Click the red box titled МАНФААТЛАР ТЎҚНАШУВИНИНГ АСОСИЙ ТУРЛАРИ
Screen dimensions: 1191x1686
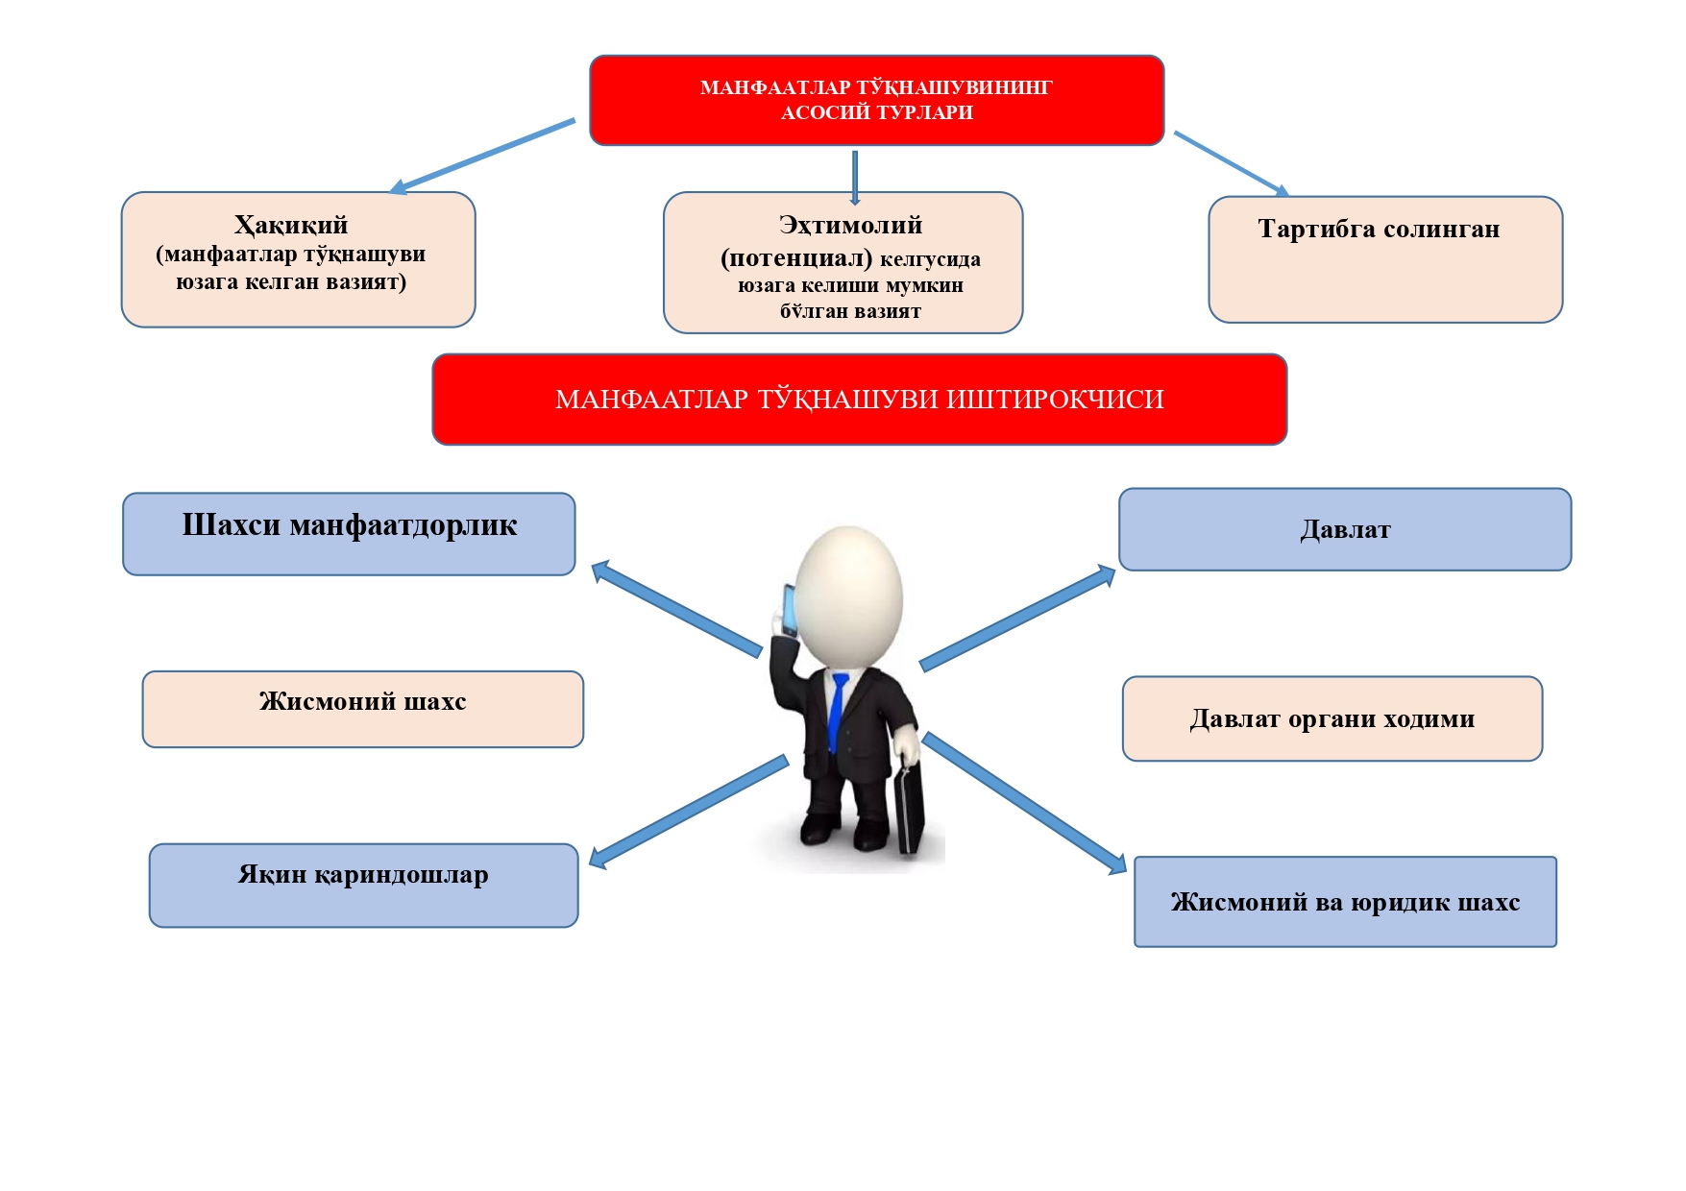(x=876, y=100)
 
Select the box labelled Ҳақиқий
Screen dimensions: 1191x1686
(x=298, y=259)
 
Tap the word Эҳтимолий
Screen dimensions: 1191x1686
(x=850, y=225)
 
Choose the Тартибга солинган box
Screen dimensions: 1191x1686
(x=1384, y=259)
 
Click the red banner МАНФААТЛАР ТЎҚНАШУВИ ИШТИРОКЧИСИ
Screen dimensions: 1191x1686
(x=859, y=399)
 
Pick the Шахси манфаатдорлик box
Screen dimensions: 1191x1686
(x=349, y=534)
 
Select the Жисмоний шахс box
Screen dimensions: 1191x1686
(x=362, y=709)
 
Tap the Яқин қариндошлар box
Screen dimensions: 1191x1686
(x=363, y=885)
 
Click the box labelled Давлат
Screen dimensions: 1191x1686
(x=1344, y=529)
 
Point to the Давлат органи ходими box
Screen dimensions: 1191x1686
(x=1332, y=718)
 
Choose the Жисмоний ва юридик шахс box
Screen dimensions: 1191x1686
(x=1344, y=901)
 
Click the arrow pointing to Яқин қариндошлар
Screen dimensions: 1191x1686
(x=688, y=810)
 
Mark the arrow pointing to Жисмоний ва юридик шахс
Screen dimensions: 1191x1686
(x=1024, y=803)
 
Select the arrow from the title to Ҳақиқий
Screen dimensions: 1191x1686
(x=483, y=156)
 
